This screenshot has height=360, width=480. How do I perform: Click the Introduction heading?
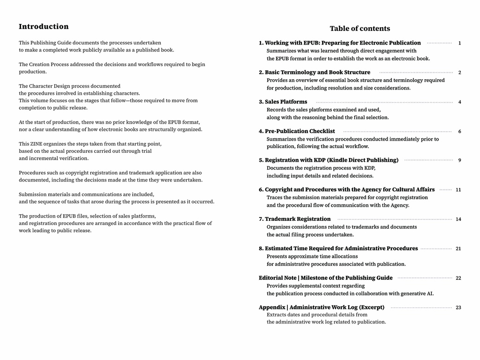click(44, 27)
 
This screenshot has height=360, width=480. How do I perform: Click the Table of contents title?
click(360, 29)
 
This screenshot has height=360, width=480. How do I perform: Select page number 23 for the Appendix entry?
click(458, 307)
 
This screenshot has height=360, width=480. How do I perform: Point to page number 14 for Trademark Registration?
click(458, 219)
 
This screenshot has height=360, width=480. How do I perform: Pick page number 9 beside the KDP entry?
click(459, 160)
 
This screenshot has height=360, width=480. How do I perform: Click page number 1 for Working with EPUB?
click(459, 43)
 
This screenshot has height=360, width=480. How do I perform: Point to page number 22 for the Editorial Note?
click(458, 278)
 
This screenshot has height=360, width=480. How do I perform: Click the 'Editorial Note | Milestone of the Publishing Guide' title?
click(326, 278)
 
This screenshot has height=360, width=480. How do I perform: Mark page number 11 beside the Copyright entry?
click(458, 190)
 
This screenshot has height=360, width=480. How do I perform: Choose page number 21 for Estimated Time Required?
click(458, 249)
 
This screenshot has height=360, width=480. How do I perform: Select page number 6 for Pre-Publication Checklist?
click(459, 132)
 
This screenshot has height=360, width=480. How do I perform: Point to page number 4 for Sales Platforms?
click(459, 102)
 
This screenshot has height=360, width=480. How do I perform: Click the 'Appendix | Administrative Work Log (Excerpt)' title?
click(322, 307)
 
